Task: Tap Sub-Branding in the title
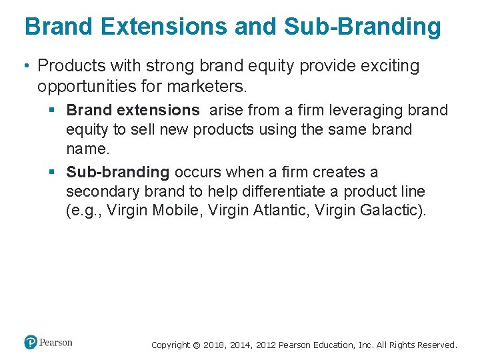(363, 27)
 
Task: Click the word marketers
(211, 87)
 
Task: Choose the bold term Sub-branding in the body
(118, 172)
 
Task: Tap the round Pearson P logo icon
(30, 343)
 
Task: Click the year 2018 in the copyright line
(213, 345)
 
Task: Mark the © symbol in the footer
(195, 345)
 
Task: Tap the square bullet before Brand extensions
(53, 110)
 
